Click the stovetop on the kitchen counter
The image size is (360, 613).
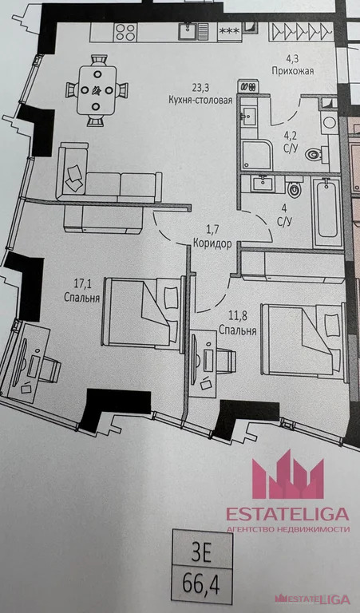(x=125, y=32)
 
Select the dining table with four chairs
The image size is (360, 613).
(x=97, y=90)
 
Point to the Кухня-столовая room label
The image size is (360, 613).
(x=200, y=100)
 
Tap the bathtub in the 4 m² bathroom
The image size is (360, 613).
(x=327, y=212)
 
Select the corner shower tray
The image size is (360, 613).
(x=256, y=155)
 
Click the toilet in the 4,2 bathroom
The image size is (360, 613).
(x=315, y=154)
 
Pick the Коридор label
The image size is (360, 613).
(x=212, y=243)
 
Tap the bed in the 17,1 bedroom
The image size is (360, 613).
(x=143, y=312)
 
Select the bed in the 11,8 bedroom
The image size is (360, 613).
(x=304, y=340)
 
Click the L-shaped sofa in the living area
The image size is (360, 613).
(x=109, y=188)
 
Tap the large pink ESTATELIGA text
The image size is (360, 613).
(x=287, y=514)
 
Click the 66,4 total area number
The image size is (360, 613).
(x=201, y=587)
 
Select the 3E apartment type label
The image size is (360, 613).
(x=201, y=555)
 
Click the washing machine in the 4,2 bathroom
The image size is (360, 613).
(x=330, y=122)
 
